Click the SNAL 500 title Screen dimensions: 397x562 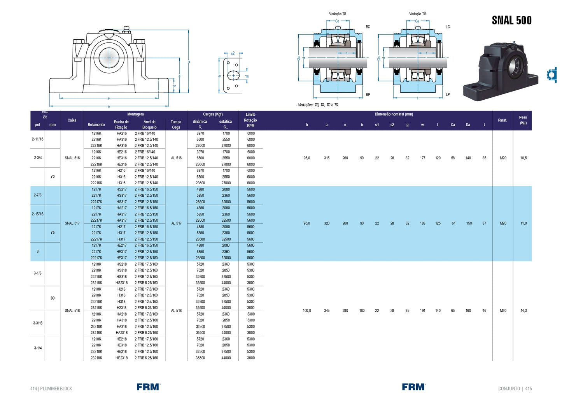pyautogui.click(x=511, y=20)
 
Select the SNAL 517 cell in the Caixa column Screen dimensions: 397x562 pyautogui.click(x=72, y=223)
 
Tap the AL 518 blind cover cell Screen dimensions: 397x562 pyautogui.click(x=176, y=311)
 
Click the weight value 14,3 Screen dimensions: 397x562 pyautogui.click(x=523, y=311)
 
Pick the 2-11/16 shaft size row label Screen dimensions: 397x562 pyautogui.click(x=38, y=139)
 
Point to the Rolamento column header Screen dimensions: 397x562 pyautogui.click(x=96, y=125)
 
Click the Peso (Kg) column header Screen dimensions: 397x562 pyautogui.click(x=523, y=120)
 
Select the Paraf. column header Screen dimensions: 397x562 pyautogui.click(x=502, y=120)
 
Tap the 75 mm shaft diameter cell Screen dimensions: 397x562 pyautogui.click(x=53, y=233)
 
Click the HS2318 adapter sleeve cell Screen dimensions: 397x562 pyautogui.click(x=121, y=283)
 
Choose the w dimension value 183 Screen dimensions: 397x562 pyautogui.click(x=422, y=223)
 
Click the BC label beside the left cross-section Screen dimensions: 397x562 pyautogui.click(x=368, y=27)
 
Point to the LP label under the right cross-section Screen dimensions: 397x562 pyautogui.click(x=448, y=95)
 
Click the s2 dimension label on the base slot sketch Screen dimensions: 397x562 pyautogui.click(x=233, y=53)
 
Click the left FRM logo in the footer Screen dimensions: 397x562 pyautogui.click(x=148, y=387)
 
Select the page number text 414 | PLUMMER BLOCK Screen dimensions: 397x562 pyautogui.click(x=51, y=388)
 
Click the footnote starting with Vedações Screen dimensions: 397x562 pyautogui.click(x=317, y=105)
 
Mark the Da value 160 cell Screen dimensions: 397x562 pyautogui.click(x=468, y=311)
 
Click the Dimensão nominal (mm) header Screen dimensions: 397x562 pyautogui.click(x=394, y=114)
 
